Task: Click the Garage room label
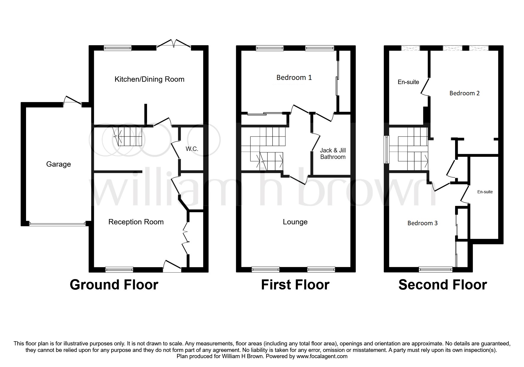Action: pos(59,164)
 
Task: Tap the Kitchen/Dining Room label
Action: pos(149,79)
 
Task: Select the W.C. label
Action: pos(192,149)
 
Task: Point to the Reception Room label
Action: pos(136,222)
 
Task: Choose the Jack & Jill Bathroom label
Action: pos(333,154)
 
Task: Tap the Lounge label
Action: pos(295,222)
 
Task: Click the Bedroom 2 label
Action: pos(465,93)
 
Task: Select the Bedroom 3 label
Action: pos(423,223)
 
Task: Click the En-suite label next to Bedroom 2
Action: pos(408,82)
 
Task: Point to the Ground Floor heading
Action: pos(114,285)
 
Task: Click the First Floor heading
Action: pos(295,285)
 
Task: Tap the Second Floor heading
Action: pos(443,285)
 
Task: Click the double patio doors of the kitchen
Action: pos(174,44)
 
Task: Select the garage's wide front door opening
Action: pos(57,224)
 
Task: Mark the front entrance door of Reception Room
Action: pos(172,266)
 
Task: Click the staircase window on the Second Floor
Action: pos(386,149)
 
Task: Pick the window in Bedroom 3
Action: pos(436,269)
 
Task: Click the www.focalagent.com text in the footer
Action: pos(322,356)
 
